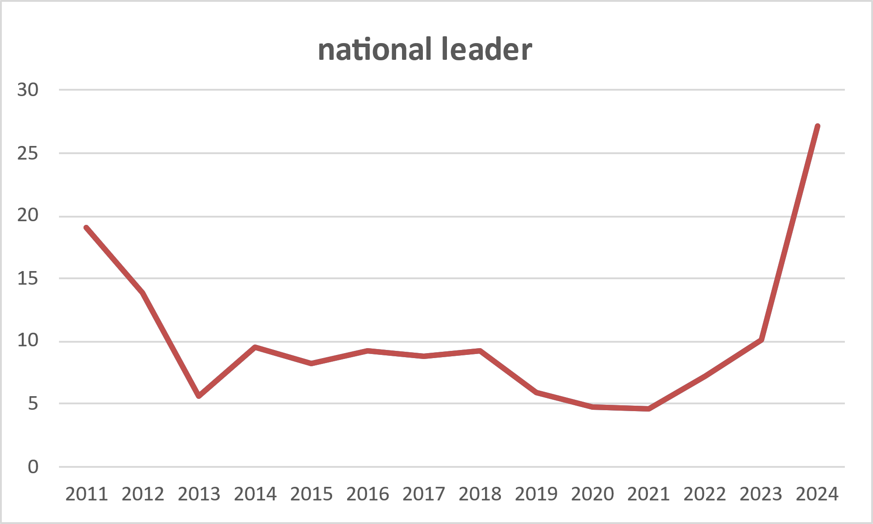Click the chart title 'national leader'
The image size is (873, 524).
[425, 49]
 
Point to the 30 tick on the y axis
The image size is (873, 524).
[28, 90]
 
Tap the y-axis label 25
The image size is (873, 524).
[28, 153]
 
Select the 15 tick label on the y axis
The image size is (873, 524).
[28, 278]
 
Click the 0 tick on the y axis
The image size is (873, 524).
[33, 467]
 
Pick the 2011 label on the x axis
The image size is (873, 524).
[87, 494]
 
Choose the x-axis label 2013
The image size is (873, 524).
[199, 494]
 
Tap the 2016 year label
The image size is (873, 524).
[368, 494]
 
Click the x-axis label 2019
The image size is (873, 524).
[536, 494]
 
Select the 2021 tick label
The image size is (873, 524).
[649, 494]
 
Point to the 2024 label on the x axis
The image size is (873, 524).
[817, 494]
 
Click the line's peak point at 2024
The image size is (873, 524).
[817, 126]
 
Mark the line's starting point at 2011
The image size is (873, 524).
[87, 228]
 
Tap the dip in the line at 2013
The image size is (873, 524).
[199, 396]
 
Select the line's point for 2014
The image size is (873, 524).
[255, 347]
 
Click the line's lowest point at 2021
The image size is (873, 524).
[649, 409]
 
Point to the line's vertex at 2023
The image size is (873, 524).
[761, 340]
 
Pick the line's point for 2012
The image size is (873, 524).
[143, 293]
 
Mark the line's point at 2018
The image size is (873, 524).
[480, 351]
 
